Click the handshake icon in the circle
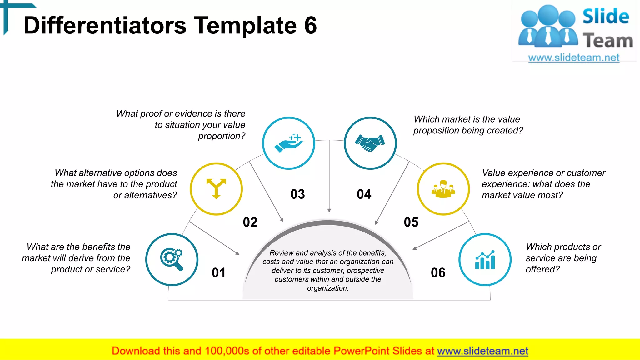pos(370,143)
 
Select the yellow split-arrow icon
pos(216,189)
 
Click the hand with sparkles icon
pos(288,143)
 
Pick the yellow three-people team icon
pos(443,189)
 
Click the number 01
pos(218,273)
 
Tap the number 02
pos(250,222)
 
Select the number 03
pos(297,194)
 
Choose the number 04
pos(364,194)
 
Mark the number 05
pos(411,222)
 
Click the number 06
pos(438,273)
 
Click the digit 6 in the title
pos(310,25)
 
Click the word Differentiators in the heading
pos(105,25)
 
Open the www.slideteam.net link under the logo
pos(574,58)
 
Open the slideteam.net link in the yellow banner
pos(482,351)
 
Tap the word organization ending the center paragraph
pos(327,288)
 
